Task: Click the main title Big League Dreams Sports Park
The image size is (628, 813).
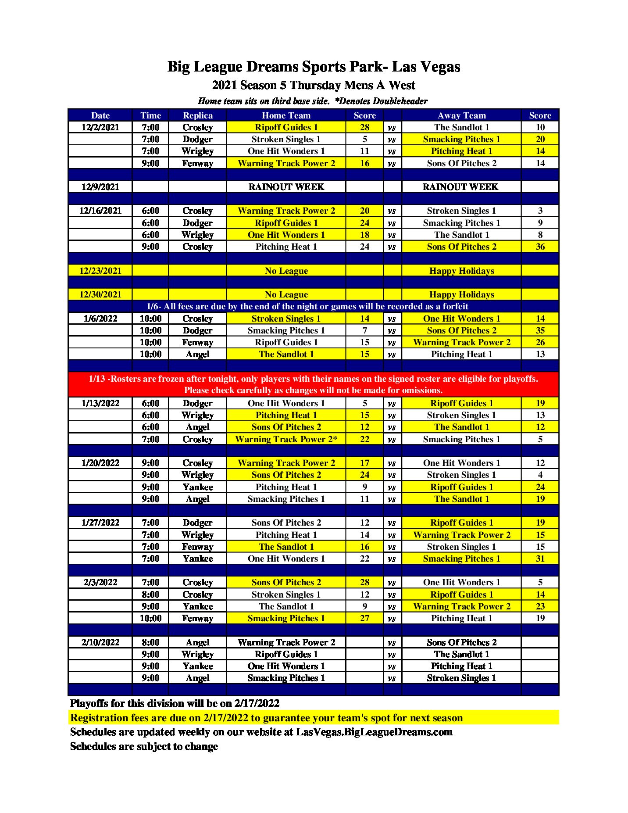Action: pyautogui.click(x=314, y=67)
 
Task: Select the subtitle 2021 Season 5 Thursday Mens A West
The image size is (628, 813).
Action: pyautogui.click(x=314, y=85)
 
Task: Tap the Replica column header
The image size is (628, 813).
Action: pyautogui.click(x=197, y=115)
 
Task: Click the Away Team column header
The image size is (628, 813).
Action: pyautogui.click(x=461, y=115)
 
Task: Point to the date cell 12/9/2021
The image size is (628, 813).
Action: pyautogui.click(x=100, y=187)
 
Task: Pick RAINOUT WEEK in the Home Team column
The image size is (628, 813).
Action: pyautogui.click(x=286, y=187)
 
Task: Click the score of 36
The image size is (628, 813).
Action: pyautogui.click(x=540, y=247)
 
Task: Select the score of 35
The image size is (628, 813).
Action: pyautogui.click(x=540, y=330)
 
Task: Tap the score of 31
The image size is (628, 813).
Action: pyautogui.click(x=540, y=559)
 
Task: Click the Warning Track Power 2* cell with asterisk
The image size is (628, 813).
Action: pyautogui.click(x=286, y=439)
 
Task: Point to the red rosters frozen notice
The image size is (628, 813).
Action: pyautogui.click(x=314, y=384)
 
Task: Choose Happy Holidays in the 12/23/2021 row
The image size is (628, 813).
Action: pyautogui.click(x=461, y=271)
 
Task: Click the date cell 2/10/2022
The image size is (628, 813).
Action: pyautogui.click(x=100, y=642)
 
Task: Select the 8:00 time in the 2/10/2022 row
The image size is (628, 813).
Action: pyautogui.click(x=150, y=642)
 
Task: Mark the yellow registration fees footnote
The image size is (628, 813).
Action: pyautogui.click(x=266, y=718)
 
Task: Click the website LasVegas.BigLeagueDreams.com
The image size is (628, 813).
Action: pyautogui.click(x=374, y=732)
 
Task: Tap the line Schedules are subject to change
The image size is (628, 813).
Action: pyautogui.click(x=144, y=746)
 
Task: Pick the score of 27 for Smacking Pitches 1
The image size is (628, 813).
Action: pyautogui.click(x=364, y=618)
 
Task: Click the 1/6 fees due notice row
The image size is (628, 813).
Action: pyautogui.click(x=307, y=306)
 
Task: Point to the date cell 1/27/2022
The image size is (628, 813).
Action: pyautogui.click(x=100, y=523)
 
